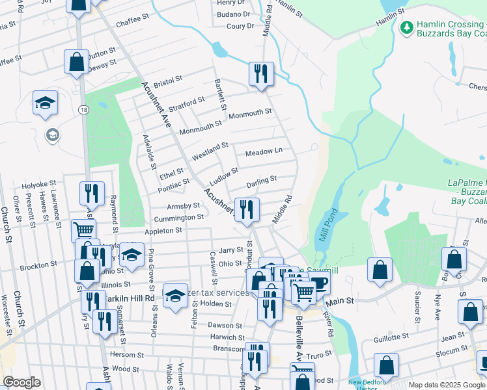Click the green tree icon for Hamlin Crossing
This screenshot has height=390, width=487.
(407, 27)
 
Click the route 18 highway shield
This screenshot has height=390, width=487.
(83, 110)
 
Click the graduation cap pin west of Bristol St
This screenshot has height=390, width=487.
(46, 103)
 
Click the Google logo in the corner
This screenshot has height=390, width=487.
(21, 382)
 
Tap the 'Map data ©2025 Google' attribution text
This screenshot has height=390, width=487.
(446, 385)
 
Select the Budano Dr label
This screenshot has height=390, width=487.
(234, 14)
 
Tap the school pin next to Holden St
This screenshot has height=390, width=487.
(175, 296)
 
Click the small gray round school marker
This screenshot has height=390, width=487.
(52, 135)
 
